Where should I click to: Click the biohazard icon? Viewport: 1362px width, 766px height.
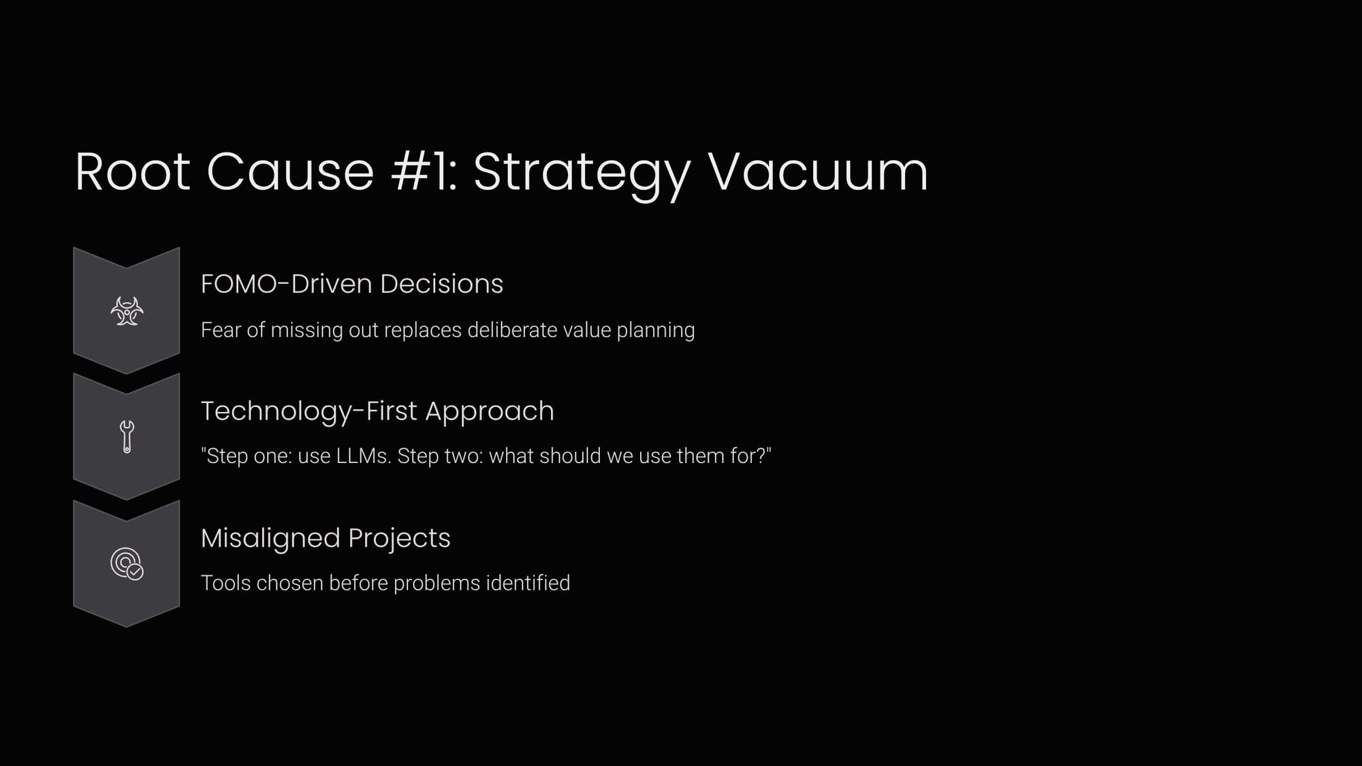pos(127,311)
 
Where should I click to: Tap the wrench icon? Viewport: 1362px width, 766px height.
pos(127,436)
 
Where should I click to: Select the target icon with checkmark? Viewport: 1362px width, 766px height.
pos(127,564)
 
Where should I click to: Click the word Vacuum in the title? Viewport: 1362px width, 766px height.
pos(818,172)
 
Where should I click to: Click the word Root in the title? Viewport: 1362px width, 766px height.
pos(132,172)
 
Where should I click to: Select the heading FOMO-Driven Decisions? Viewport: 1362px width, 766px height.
pos(352,284)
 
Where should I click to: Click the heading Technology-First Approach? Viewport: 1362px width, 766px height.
pos(377,412)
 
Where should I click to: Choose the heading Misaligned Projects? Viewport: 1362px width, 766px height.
pos(326,539)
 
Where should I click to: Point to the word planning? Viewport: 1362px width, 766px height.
pos(656,331)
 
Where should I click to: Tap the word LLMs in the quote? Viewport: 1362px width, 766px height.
pos(364,456)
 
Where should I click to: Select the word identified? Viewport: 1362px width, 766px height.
pos(528,583)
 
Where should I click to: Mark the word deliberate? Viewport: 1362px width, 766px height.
pos(512,330)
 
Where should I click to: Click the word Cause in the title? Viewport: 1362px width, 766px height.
pos(291,172)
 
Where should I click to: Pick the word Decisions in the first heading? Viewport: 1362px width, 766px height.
pos(441,284)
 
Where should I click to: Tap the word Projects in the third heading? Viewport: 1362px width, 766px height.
pos(399,539)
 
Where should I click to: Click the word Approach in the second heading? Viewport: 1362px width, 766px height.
pos(490,413)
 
